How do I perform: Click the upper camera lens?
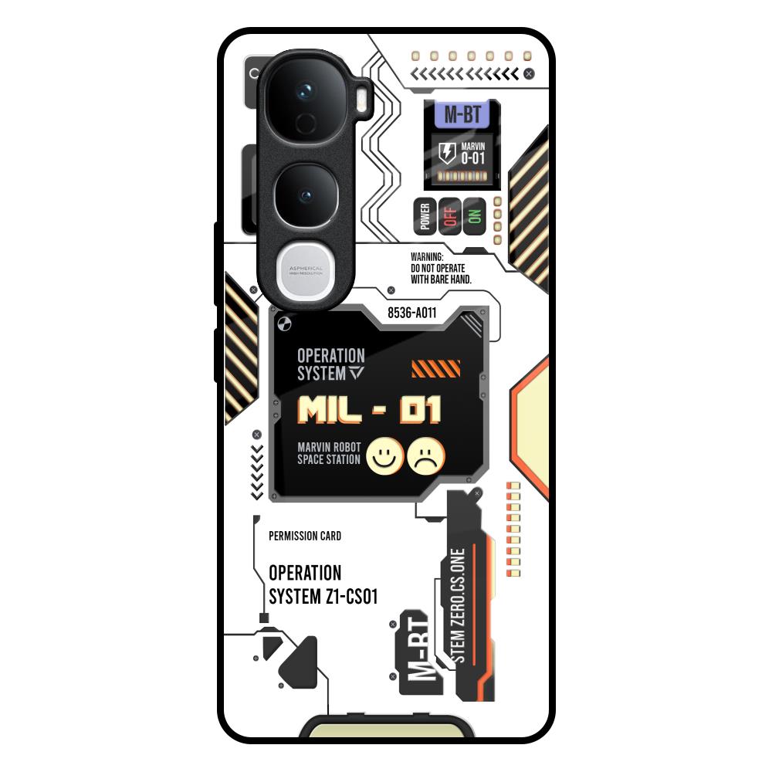(x=306, y=96)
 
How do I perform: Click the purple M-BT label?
(x=462, y=115)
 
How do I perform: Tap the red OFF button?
(x=450, y=215)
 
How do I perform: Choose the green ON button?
(x=474, y=215)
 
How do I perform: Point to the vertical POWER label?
(x=425, y=217)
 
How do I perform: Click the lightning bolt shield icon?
(x=446, y=152)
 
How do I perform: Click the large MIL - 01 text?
(x=370, y=410)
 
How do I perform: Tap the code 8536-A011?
(x=412, y=313)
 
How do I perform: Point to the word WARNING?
(x=428, y=256)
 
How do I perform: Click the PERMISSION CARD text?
(x=305, y=536)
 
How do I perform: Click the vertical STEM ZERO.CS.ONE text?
(x=458, y=607)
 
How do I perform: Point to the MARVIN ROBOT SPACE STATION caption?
(x=329, y=454)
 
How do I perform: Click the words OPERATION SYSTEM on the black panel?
(x=330, y=364)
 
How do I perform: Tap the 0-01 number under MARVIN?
(x=472, y=158)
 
